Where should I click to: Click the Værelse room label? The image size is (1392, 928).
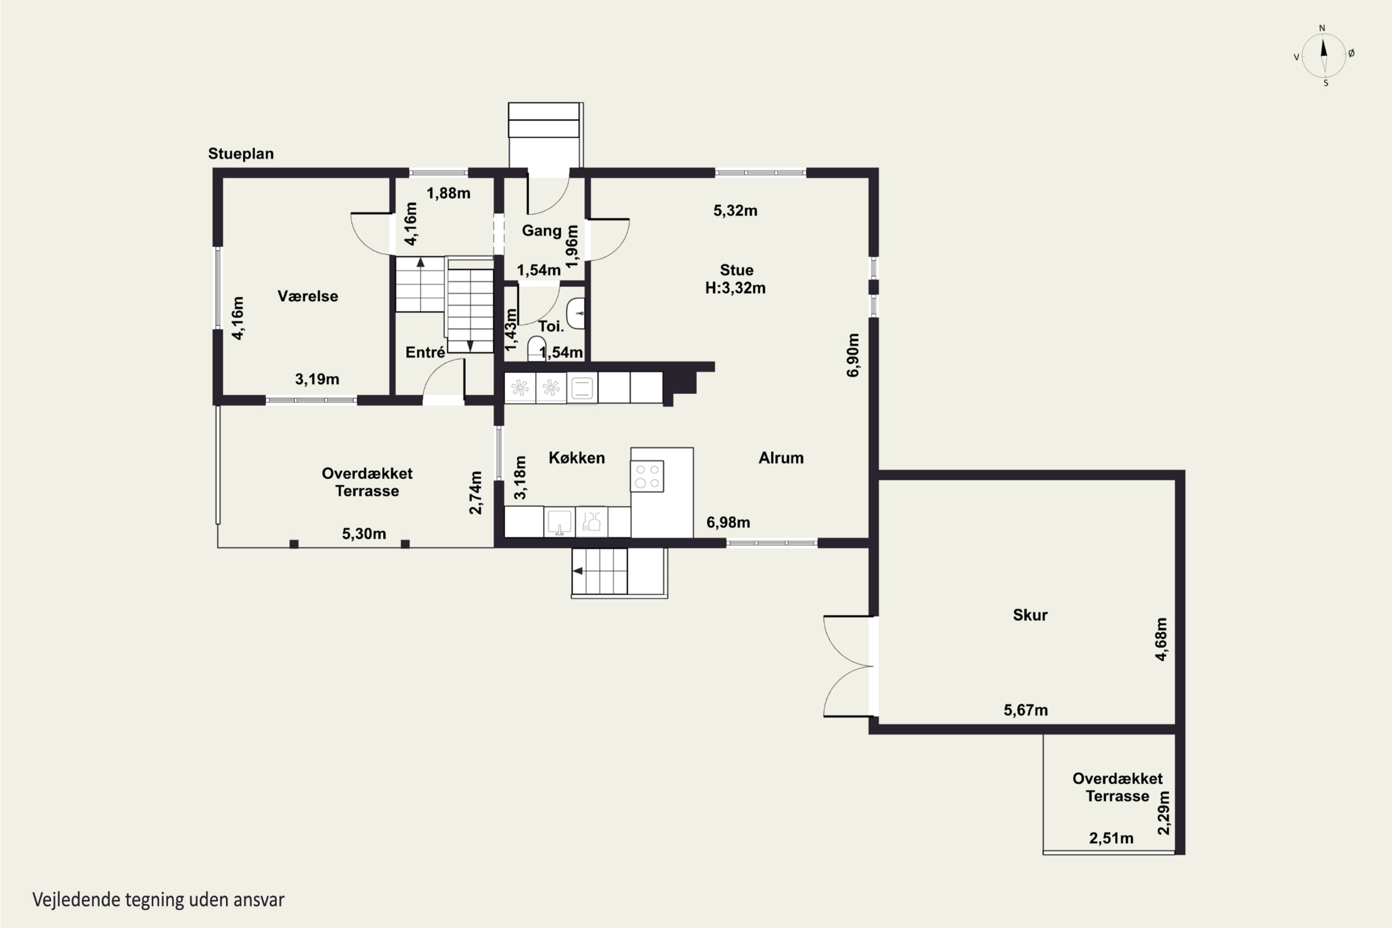click(x=308, y=296)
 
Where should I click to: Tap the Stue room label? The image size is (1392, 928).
click(x=736, y=270)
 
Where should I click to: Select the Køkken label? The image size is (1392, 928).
click(x=576, y=458)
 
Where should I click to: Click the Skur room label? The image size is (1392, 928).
click(x=1030, y=615)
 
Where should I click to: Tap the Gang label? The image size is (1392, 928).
click(x=541, y=231)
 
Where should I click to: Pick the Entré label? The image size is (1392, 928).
click(x=425, y=352)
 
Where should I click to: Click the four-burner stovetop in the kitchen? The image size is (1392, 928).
click(x=647, y=476)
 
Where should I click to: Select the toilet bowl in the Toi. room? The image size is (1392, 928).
click(x=536, y=348)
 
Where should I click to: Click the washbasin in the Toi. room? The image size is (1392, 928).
click(x=576, y=314)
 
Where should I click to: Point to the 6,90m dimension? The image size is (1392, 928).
click(x=853, y=355)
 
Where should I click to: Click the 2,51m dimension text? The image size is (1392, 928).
click(x=1111, y=838)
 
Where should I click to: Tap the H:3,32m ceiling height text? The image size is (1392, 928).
click(x=735, y=288)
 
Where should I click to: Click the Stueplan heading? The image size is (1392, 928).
click(x=241, y=154)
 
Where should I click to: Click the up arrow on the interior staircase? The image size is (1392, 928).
click(x=420, y=263)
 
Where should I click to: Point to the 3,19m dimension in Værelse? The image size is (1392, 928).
click(x=317, y=379)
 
